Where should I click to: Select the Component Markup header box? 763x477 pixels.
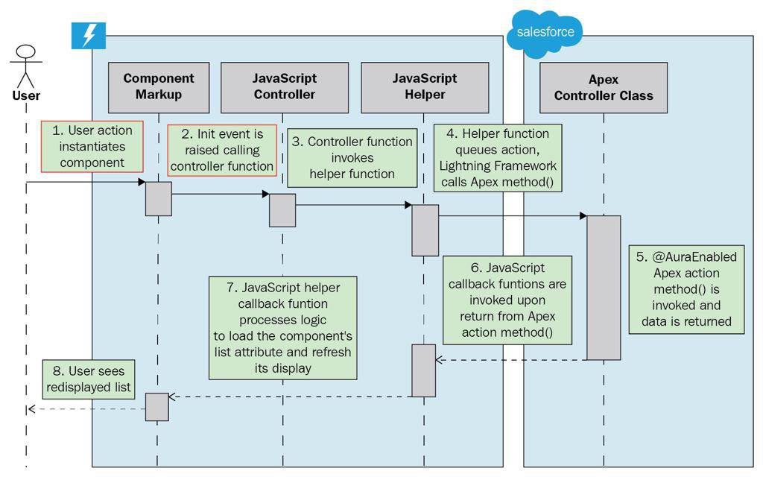[158, 86]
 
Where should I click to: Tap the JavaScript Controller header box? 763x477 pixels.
[285, 86]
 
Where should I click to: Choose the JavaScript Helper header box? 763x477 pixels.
[425, 86]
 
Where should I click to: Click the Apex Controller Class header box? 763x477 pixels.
[604, 87]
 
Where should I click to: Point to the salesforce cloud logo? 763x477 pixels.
[545, 33]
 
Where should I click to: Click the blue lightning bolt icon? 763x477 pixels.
[89, 35]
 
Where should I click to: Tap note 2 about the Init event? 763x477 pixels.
[221, 150]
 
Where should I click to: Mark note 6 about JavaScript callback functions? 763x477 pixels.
[507, 300]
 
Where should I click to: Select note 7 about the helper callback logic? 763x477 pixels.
[282, 327]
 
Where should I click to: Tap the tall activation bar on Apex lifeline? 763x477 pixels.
[604, 287]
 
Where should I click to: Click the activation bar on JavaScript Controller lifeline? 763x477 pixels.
[282, 210]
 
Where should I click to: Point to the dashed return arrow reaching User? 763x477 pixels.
[86, 408]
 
